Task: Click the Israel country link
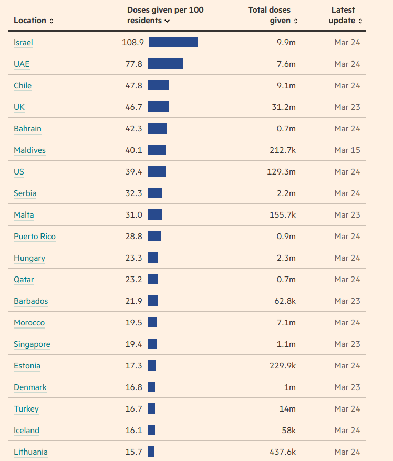tap(23, 42)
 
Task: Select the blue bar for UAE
tap(165, 64)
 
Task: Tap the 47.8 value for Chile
tap(133, 85)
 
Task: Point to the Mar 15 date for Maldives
tap(347, 150)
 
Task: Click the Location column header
tap(33, 21)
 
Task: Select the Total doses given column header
tap(273, 15)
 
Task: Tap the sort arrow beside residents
tap(167, 21)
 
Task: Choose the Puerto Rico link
tap(35, 236)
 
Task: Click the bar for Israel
tap(173, 42)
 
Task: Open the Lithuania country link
tap(30, 452)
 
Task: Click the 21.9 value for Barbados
tap(133, 301)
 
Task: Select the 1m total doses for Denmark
tap(289, 387)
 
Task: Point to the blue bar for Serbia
tap(155, 193)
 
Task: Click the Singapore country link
tap(32, 344)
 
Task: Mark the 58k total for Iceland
tap(288, 430)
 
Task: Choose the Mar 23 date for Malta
tap(347, 214)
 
